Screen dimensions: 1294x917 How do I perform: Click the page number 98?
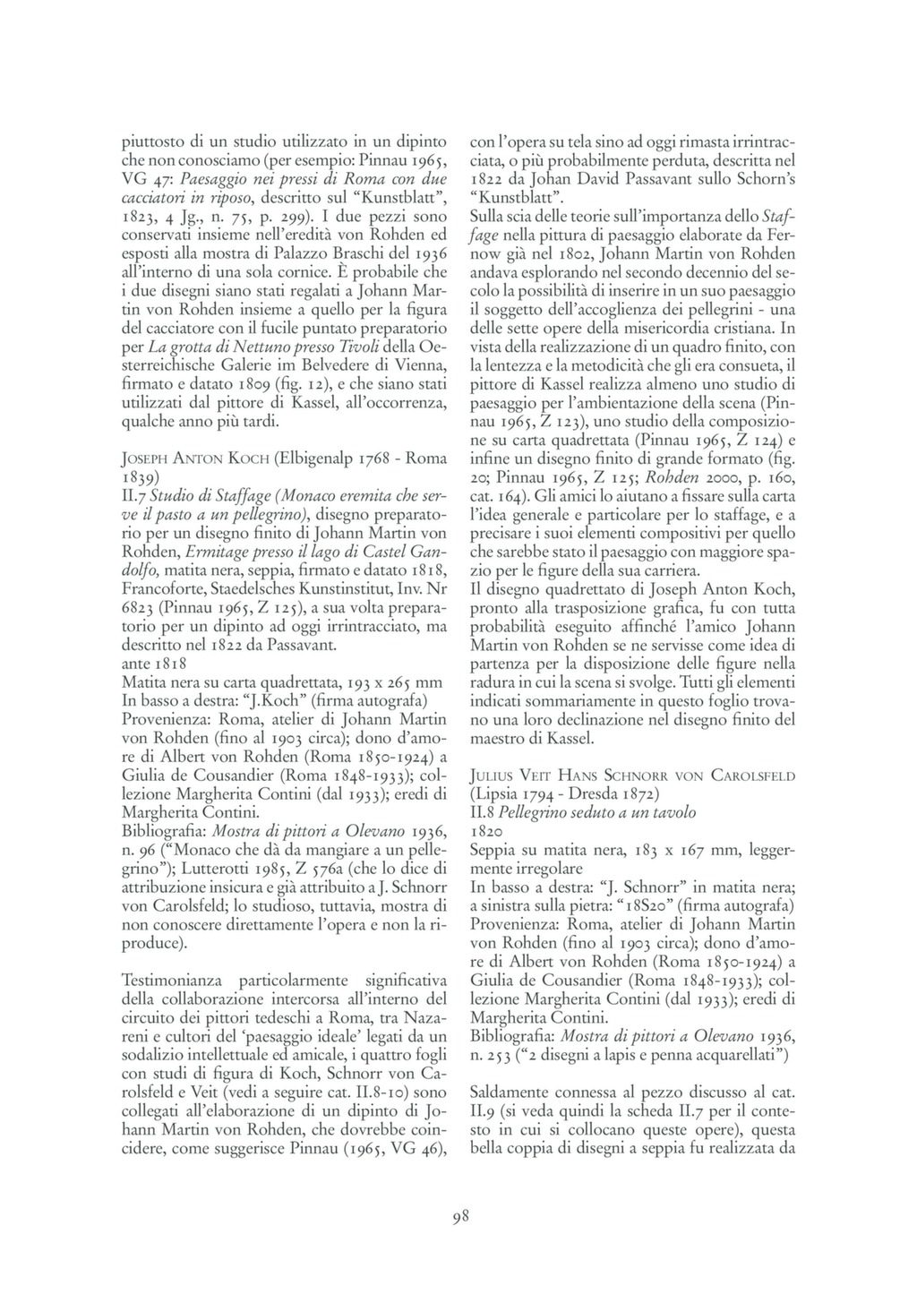point(458,1215)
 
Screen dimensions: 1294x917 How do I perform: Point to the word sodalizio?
point(153,1055)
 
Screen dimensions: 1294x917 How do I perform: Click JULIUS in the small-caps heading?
point(493,776)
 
